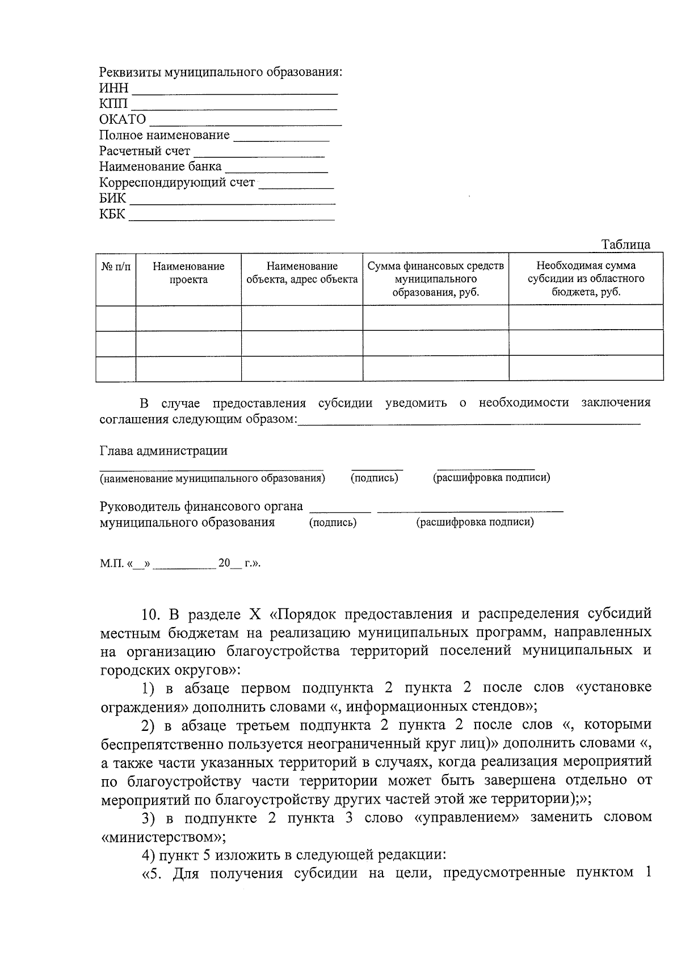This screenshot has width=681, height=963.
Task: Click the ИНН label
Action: tap(113, 89)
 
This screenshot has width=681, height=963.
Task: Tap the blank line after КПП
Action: tap(234, 107)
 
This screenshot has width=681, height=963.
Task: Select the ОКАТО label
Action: tap(123, 120)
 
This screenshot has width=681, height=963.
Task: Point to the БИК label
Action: tap(112, 199)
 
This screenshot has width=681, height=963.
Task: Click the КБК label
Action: tap(112, 215)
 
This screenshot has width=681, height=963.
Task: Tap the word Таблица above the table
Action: tap(626, 245)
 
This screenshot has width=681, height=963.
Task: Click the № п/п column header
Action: tap(116, 266)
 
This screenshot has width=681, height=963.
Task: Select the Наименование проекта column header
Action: tap(188, 273)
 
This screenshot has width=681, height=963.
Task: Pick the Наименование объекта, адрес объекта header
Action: tap(302, 273)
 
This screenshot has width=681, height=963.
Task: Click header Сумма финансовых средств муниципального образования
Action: tap(435, 279)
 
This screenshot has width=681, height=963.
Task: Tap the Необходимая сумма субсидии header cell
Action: tap(586, 279)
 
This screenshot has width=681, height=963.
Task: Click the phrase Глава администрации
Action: tap(163, 451)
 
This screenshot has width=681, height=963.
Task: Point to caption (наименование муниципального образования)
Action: tap(212, 478)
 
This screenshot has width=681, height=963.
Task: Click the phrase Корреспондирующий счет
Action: tap(177, 183)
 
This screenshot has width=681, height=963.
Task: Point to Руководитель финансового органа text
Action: tap(201, 506)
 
